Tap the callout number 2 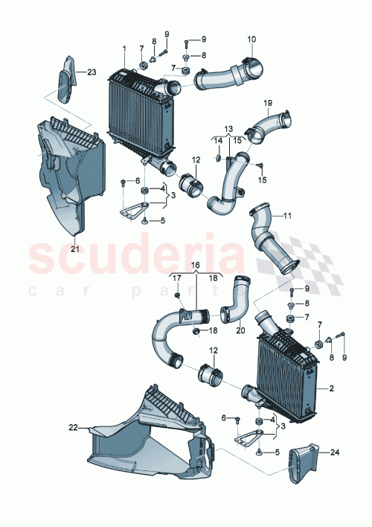pyautogui.click(x=331, y=389)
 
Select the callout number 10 pyautogui.click(x=251, y=39)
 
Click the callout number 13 pyautogui.click(x=228, y=129)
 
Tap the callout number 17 pyautogui.click(x=177, y=278)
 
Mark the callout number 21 pyautogui.click(x=74, y=249)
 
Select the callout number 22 pyautogui.click(x=73, y=427)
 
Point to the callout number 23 pyautogui.click(x=92, y=72)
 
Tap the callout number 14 pyautogui.click(x=219, y=140)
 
